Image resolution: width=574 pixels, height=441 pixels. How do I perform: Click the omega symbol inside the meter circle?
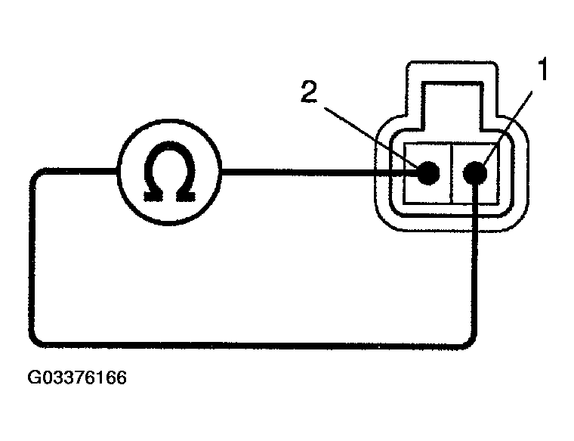168,172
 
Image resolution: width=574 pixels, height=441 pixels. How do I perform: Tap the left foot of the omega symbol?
153,196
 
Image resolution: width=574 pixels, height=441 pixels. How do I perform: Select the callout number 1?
542,69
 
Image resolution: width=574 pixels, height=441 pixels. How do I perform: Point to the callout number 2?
309,92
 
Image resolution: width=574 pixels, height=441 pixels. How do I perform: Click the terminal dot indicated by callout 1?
475,172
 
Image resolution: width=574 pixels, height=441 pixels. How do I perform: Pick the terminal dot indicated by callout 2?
428,172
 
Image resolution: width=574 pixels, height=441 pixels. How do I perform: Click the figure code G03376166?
77,377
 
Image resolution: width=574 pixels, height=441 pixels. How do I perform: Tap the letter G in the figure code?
34,377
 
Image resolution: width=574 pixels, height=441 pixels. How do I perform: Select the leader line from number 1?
508,129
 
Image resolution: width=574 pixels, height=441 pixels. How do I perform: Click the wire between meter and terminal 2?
319,172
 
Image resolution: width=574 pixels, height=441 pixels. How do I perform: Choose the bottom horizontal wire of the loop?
252,346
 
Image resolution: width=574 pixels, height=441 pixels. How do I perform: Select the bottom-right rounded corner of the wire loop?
471,341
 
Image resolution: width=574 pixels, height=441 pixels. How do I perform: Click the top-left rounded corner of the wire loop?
35,175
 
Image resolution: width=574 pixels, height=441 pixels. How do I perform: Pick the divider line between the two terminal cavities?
452,172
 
